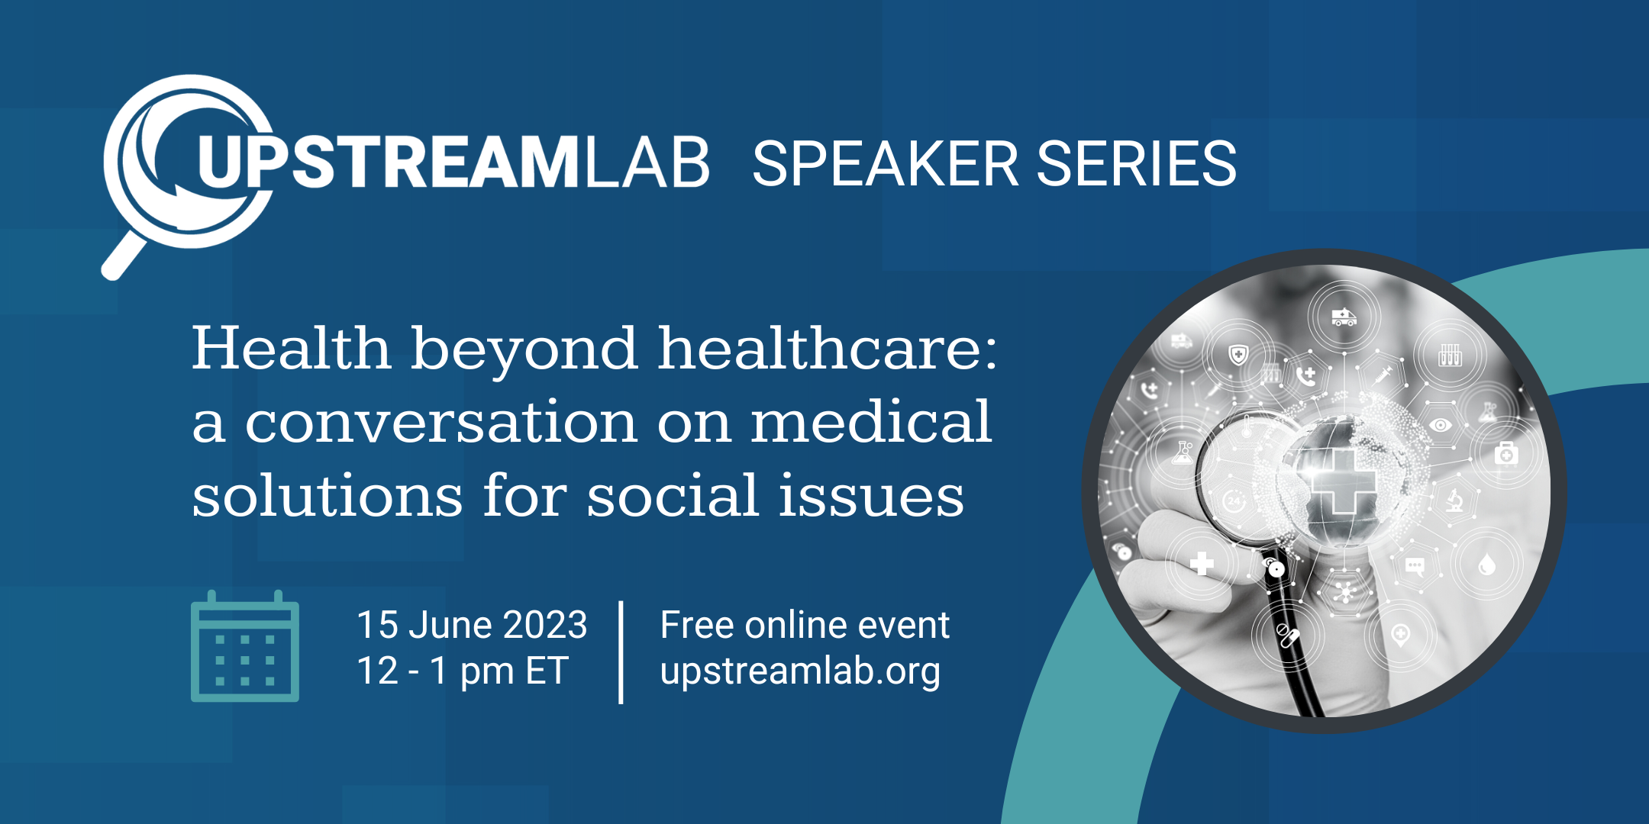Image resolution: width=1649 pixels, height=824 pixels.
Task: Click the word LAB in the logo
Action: [647, 163]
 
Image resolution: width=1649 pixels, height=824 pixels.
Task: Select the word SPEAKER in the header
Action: [885, 163]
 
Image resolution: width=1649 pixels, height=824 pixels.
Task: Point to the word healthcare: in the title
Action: [828, 349]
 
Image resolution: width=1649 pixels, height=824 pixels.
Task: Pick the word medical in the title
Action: [871, 421]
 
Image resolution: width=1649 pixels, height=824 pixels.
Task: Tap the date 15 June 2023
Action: [472, 625]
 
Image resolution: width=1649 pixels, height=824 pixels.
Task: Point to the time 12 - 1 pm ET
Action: [463, 671]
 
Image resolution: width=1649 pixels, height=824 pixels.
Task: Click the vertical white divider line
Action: [621, 652]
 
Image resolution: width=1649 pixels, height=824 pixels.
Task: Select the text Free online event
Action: [805, 625]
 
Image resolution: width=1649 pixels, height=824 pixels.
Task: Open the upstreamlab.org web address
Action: [800, 672]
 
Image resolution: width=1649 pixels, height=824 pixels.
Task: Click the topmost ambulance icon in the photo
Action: [1344, 317]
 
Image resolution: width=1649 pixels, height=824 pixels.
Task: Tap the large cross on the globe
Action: [1343, 480]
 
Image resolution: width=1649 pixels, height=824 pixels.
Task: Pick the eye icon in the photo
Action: [1440, 425]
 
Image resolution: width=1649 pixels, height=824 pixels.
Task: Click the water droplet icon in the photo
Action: [1486, 564]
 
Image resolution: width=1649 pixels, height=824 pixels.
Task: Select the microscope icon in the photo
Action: [1455, 501]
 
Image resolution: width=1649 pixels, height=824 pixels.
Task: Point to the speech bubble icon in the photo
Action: [1415, 567]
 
